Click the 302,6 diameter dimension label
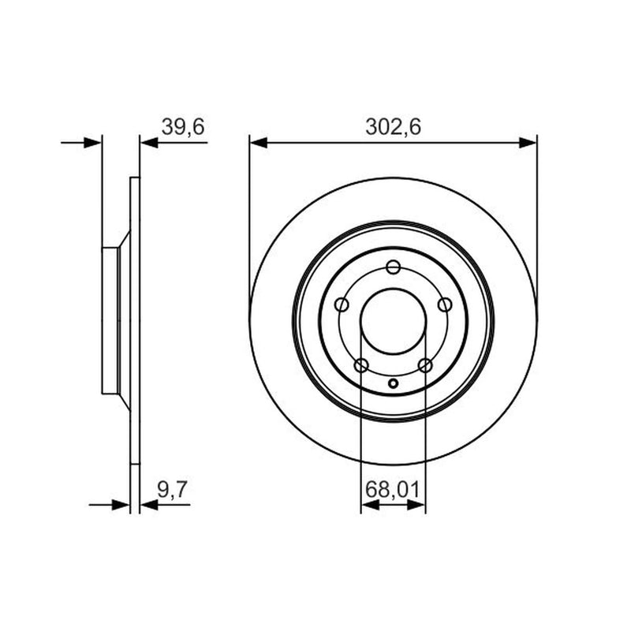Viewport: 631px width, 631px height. (393, 126)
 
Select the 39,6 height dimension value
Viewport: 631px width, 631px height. (183, 126)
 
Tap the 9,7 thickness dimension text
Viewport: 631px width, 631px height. (173, 489)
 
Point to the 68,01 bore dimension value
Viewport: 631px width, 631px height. (392, 490)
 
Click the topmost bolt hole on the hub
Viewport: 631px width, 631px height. (393, 267)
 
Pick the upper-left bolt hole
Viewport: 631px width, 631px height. (342, 304)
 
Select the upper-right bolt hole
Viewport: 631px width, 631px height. (445, 304)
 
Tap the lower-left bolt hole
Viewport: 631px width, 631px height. (361, 366)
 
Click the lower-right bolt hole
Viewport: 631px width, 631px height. (425, 366)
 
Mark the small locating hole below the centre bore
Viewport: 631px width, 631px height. (393, 383)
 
